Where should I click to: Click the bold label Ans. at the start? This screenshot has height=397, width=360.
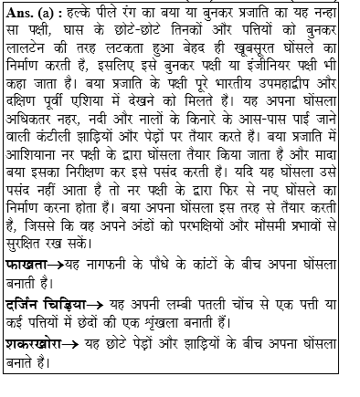[x=21, y=14]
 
